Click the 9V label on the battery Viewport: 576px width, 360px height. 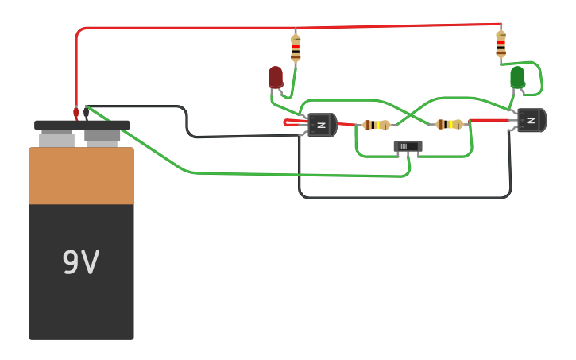pos(80,262)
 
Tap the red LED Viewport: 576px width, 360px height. pos(275,77)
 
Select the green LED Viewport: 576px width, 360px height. pos(517,77)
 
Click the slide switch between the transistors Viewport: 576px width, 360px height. pos(408,146)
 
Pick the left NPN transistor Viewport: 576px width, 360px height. pos(321,125)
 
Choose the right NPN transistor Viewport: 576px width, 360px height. pos(531,120)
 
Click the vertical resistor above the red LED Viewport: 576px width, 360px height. pos(296,47)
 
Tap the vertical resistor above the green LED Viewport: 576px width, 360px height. pos(501,44)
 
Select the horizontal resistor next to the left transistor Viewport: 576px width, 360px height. pos(376,125)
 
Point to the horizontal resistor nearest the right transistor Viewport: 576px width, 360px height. pos(449,124)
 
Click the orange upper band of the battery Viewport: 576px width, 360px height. pos(81,176)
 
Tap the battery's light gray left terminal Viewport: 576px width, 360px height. pos(56,139)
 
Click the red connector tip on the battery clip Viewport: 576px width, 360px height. pos(76,113)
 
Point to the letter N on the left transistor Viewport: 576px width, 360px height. pos(322,125)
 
